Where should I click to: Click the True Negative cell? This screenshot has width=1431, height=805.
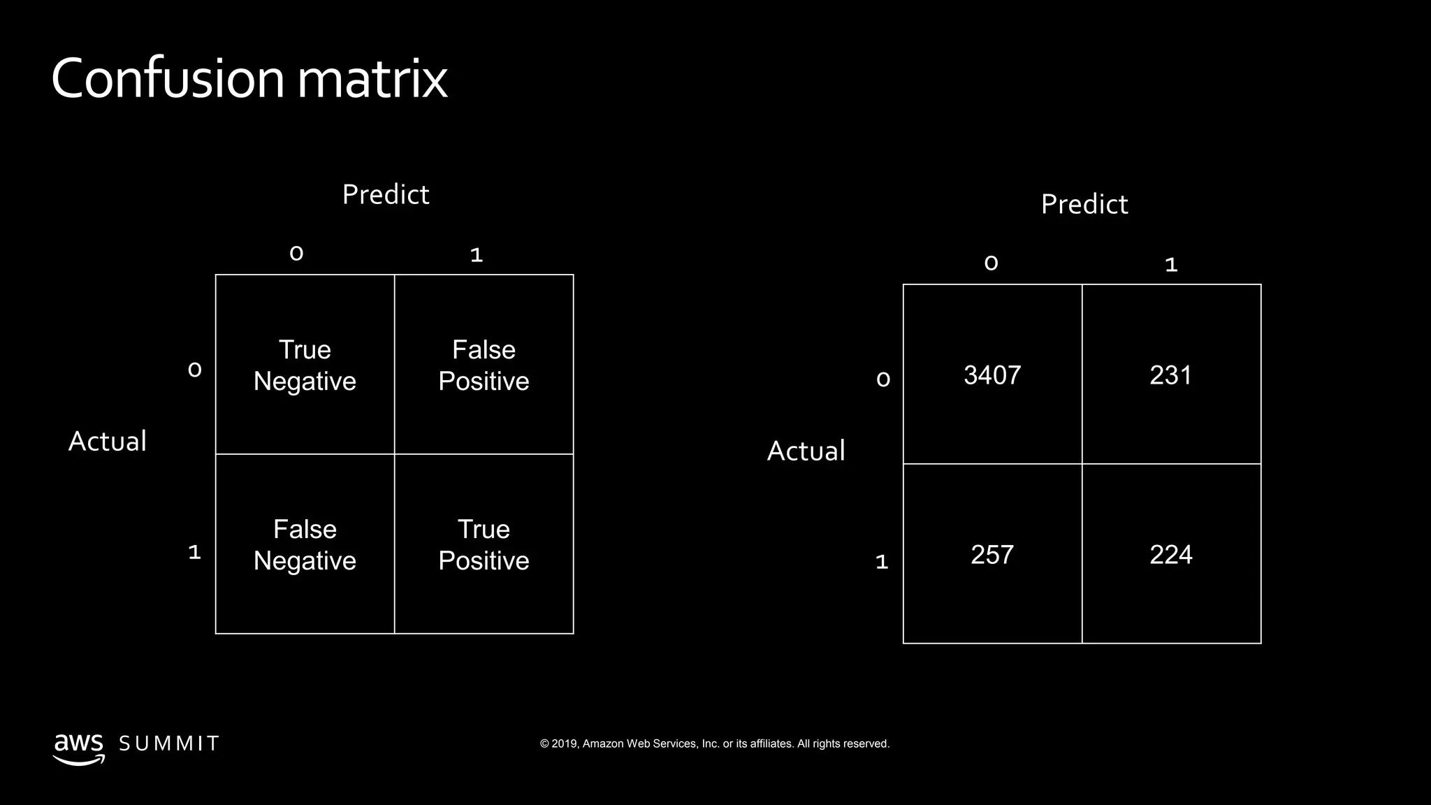pyautogui.click(x=305, y=365)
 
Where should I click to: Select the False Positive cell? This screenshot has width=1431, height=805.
pyautogui.click(x=484, y=365)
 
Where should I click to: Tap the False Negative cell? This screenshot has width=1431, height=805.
pyautogui.click(x=305, y=544)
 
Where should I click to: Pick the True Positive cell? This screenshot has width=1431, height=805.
pyautogui.click(x=484, y=544)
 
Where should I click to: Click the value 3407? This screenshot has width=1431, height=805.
pyautogui.click(x=992, y=375)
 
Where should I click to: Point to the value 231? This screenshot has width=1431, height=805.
pyautogui.click(x=1170, y=375)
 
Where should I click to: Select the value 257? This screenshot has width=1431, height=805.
pyautogui.click(x=992, y=555)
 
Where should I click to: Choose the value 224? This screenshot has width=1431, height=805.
pyautogui.click(x=1170, y=555)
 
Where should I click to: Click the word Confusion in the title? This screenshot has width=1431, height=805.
pyautogui.click(x=168, y=78)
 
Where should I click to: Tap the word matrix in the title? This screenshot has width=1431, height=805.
pyautogui.click(x=372, y=78)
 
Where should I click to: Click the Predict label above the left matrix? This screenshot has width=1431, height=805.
pyautogui.click(x=386, y=194)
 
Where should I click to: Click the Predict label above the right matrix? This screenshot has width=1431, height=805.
pyautogui.click(x=1084, y=204)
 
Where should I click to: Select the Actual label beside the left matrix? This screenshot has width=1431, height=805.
pyautogui.click(x=108, y=441)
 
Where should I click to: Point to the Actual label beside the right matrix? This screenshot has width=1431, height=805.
pyautogui.click(x=806, y=451)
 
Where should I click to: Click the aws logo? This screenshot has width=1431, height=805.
pyautogui.click(x=78, y=747)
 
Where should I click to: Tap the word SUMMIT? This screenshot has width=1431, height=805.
pyautogui.click(x=169, y=744)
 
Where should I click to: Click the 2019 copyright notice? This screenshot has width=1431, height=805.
pyautogui.click(x=714, y=744)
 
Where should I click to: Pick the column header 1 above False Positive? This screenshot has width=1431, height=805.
pyautogui.click(x=477, y=255)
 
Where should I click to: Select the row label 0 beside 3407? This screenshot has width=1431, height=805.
pyautogui.click(x=883, y=379)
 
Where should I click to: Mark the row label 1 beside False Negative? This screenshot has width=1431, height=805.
pyautogui.click(x=195, y=553)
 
